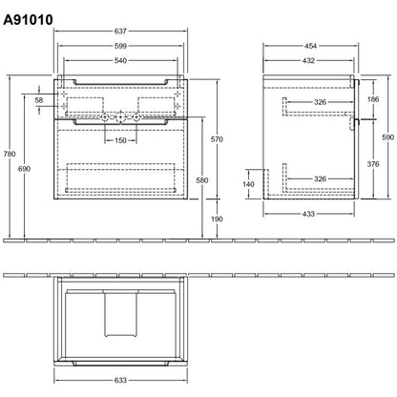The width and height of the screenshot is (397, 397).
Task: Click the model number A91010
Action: [x=28, y=20]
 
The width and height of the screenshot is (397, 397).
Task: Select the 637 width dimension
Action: [x=120, y=31]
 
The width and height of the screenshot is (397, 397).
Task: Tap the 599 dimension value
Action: [x=120, y=46]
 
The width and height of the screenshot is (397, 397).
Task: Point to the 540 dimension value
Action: [x=120, y=60]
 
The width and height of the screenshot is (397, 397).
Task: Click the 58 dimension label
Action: [x=39, y=100]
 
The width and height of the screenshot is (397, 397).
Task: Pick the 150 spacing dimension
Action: [x=120, y=140]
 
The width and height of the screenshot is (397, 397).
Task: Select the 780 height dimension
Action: [x=10, y=154]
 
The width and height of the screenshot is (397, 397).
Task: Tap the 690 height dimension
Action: [x=24, y=169]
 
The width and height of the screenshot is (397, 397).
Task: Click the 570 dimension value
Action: [x=217, y=139]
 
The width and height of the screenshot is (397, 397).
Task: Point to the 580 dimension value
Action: [x=202, y=180]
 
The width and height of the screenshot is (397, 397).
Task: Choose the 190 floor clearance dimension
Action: [x=217, y=219]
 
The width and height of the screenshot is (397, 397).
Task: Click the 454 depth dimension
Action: [x=310, y=46]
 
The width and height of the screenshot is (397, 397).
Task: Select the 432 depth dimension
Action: [x=308, y=60]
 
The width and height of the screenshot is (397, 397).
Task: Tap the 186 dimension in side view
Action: [x=373, y=99]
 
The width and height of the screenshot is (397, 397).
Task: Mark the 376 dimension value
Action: [x=373, y=164]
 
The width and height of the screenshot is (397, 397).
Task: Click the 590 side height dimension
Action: [x=388, y=137]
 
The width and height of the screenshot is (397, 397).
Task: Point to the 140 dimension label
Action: [x=248, y=184]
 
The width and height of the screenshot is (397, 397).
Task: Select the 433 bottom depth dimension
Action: [x=308, y=214]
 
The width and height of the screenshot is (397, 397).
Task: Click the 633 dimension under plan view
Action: [x=120, y=380]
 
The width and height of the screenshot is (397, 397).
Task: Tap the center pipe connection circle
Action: [x=120, y=117]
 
